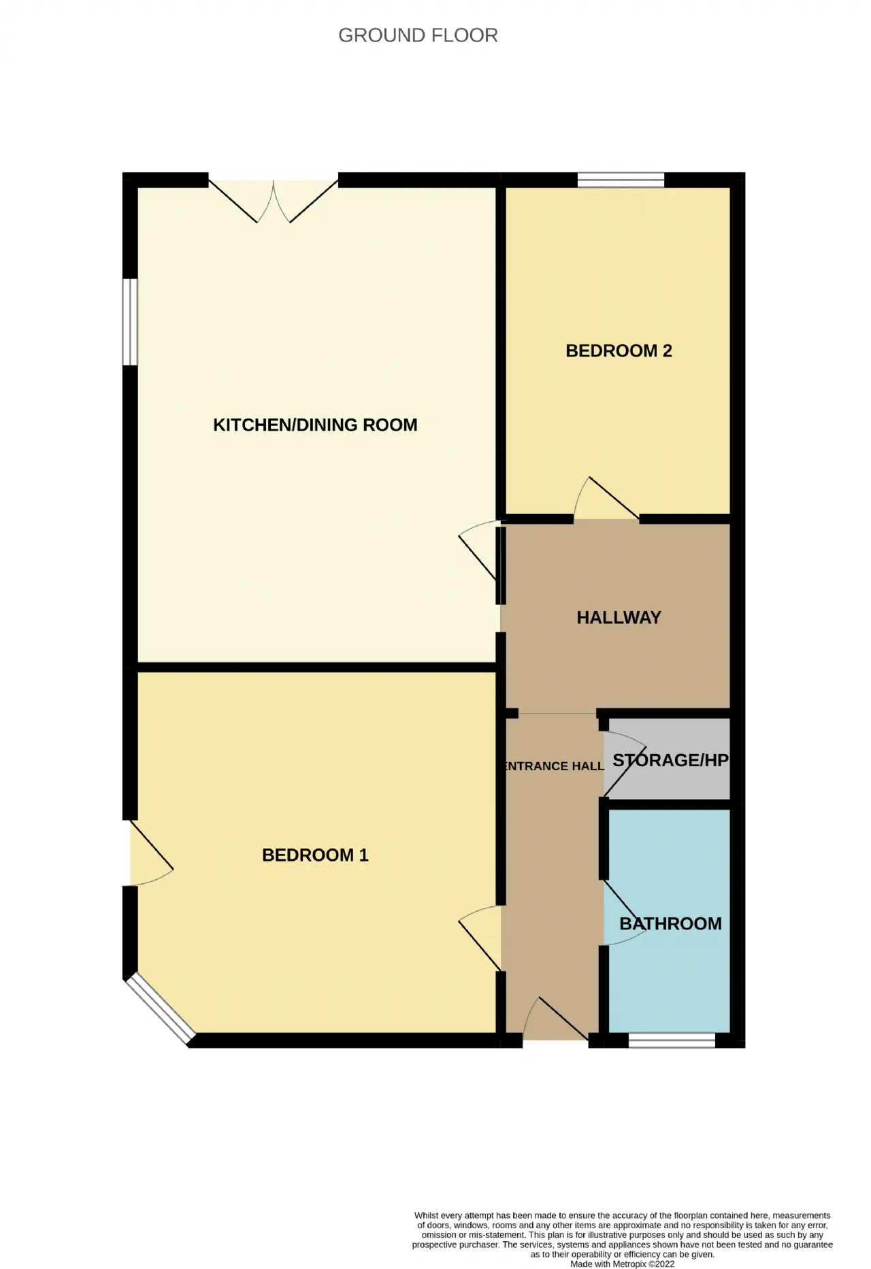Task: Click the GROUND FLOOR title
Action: [418, 35]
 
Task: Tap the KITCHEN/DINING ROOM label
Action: [315, 425]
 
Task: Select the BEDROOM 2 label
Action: [619, 351]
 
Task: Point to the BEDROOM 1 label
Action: [315, 855]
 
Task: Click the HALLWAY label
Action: [619, 618]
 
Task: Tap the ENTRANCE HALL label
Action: [553, 766]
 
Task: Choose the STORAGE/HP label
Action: [670, 760]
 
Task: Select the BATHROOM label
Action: [670, 924]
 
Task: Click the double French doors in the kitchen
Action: [274, 201]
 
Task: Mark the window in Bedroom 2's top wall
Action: [621, 180]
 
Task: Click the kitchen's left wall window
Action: [130, 322]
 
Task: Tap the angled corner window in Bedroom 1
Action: [160, 1010]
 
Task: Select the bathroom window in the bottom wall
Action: [672, 1040]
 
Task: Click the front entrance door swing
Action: [557, 1019]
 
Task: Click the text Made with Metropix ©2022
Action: [623, 1264]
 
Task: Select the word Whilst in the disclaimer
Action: [427, 1215]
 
